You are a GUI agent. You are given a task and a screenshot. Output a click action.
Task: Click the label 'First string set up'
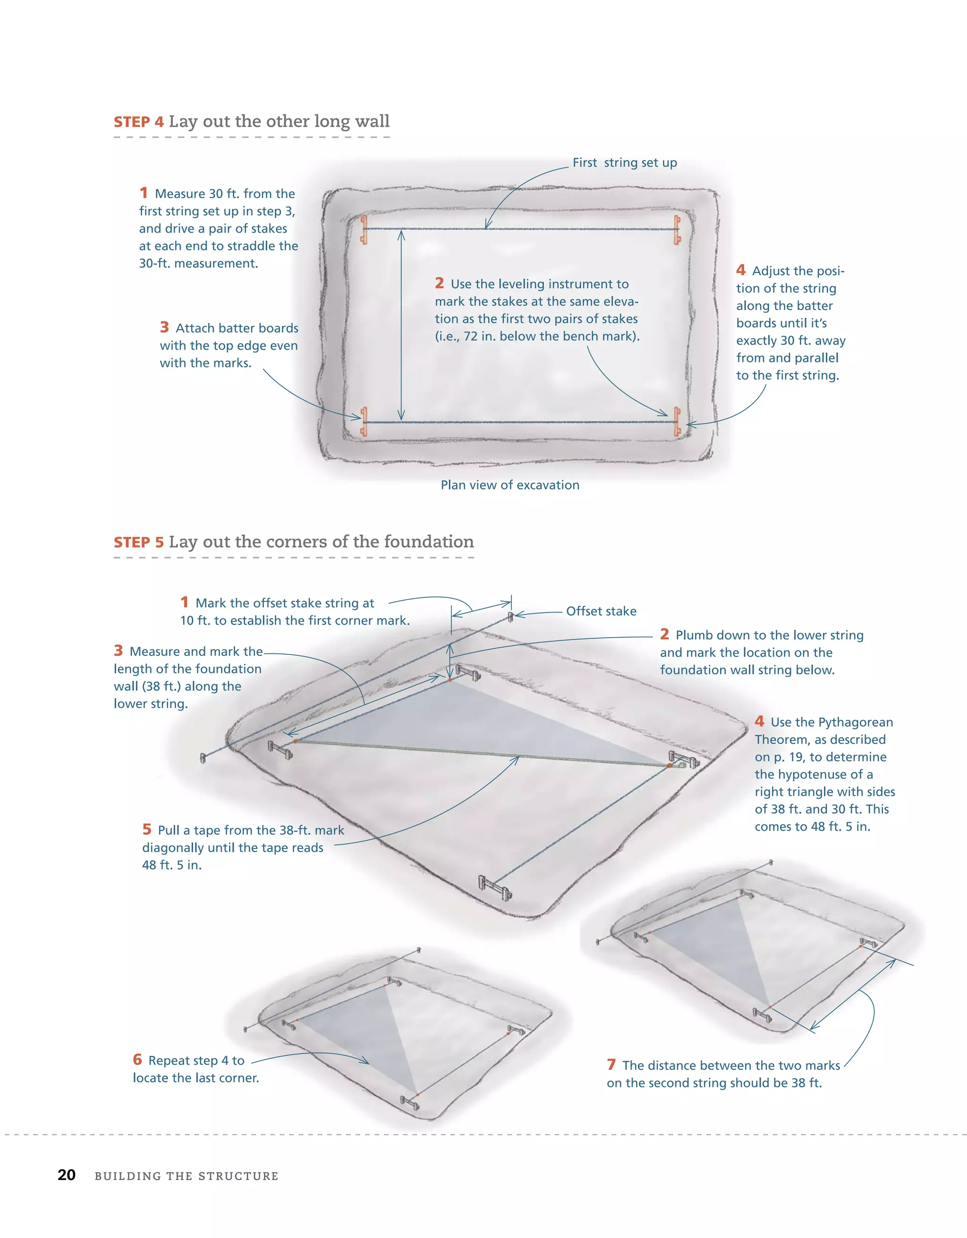pyautogui.click(x=624, y=163)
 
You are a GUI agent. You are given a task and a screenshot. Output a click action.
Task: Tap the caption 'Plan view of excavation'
pyautogui.click(x=510, y=485)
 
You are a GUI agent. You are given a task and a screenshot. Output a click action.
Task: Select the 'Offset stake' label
pyautogui.click(x=601, y=611)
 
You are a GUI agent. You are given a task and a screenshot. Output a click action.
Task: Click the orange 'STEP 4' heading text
pyautogui.click(x=139, y=122)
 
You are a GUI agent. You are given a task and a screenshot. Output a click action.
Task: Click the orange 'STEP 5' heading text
pyautogui.click(x=139, y=542)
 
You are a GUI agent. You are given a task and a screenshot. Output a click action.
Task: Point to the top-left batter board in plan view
pyautogui.click(x=364, y=229)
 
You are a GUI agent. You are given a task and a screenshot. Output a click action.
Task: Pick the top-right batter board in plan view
pyautogui.click(x=677, y=229)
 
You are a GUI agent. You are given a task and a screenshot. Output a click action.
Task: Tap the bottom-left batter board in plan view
pyautogui.click(x=364, y=422)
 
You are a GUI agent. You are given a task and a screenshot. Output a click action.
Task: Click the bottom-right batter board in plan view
pyautogui.click(x=677, y=422)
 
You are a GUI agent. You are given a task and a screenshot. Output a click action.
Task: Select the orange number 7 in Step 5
pyautogui.click(x=611, y=1065)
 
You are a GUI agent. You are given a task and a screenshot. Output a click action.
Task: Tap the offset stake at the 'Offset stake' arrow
pyautogui.click(x=510, y=616)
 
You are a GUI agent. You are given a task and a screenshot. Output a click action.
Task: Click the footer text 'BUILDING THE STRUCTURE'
pyautogui.click(x=187, y=1176)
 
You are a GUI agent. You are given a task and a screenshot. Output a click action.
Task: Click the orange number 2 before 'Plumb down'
pyautogui.click(x=664, y=634)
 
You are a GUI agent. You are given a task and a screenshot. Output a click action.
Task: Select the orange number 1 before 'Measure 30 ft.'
pyautogui.click(x=144, y=193)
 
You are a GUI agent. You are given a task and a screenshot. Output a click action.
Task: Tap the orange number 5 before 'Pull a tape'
pyautogui.click(x=147, y=829)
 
